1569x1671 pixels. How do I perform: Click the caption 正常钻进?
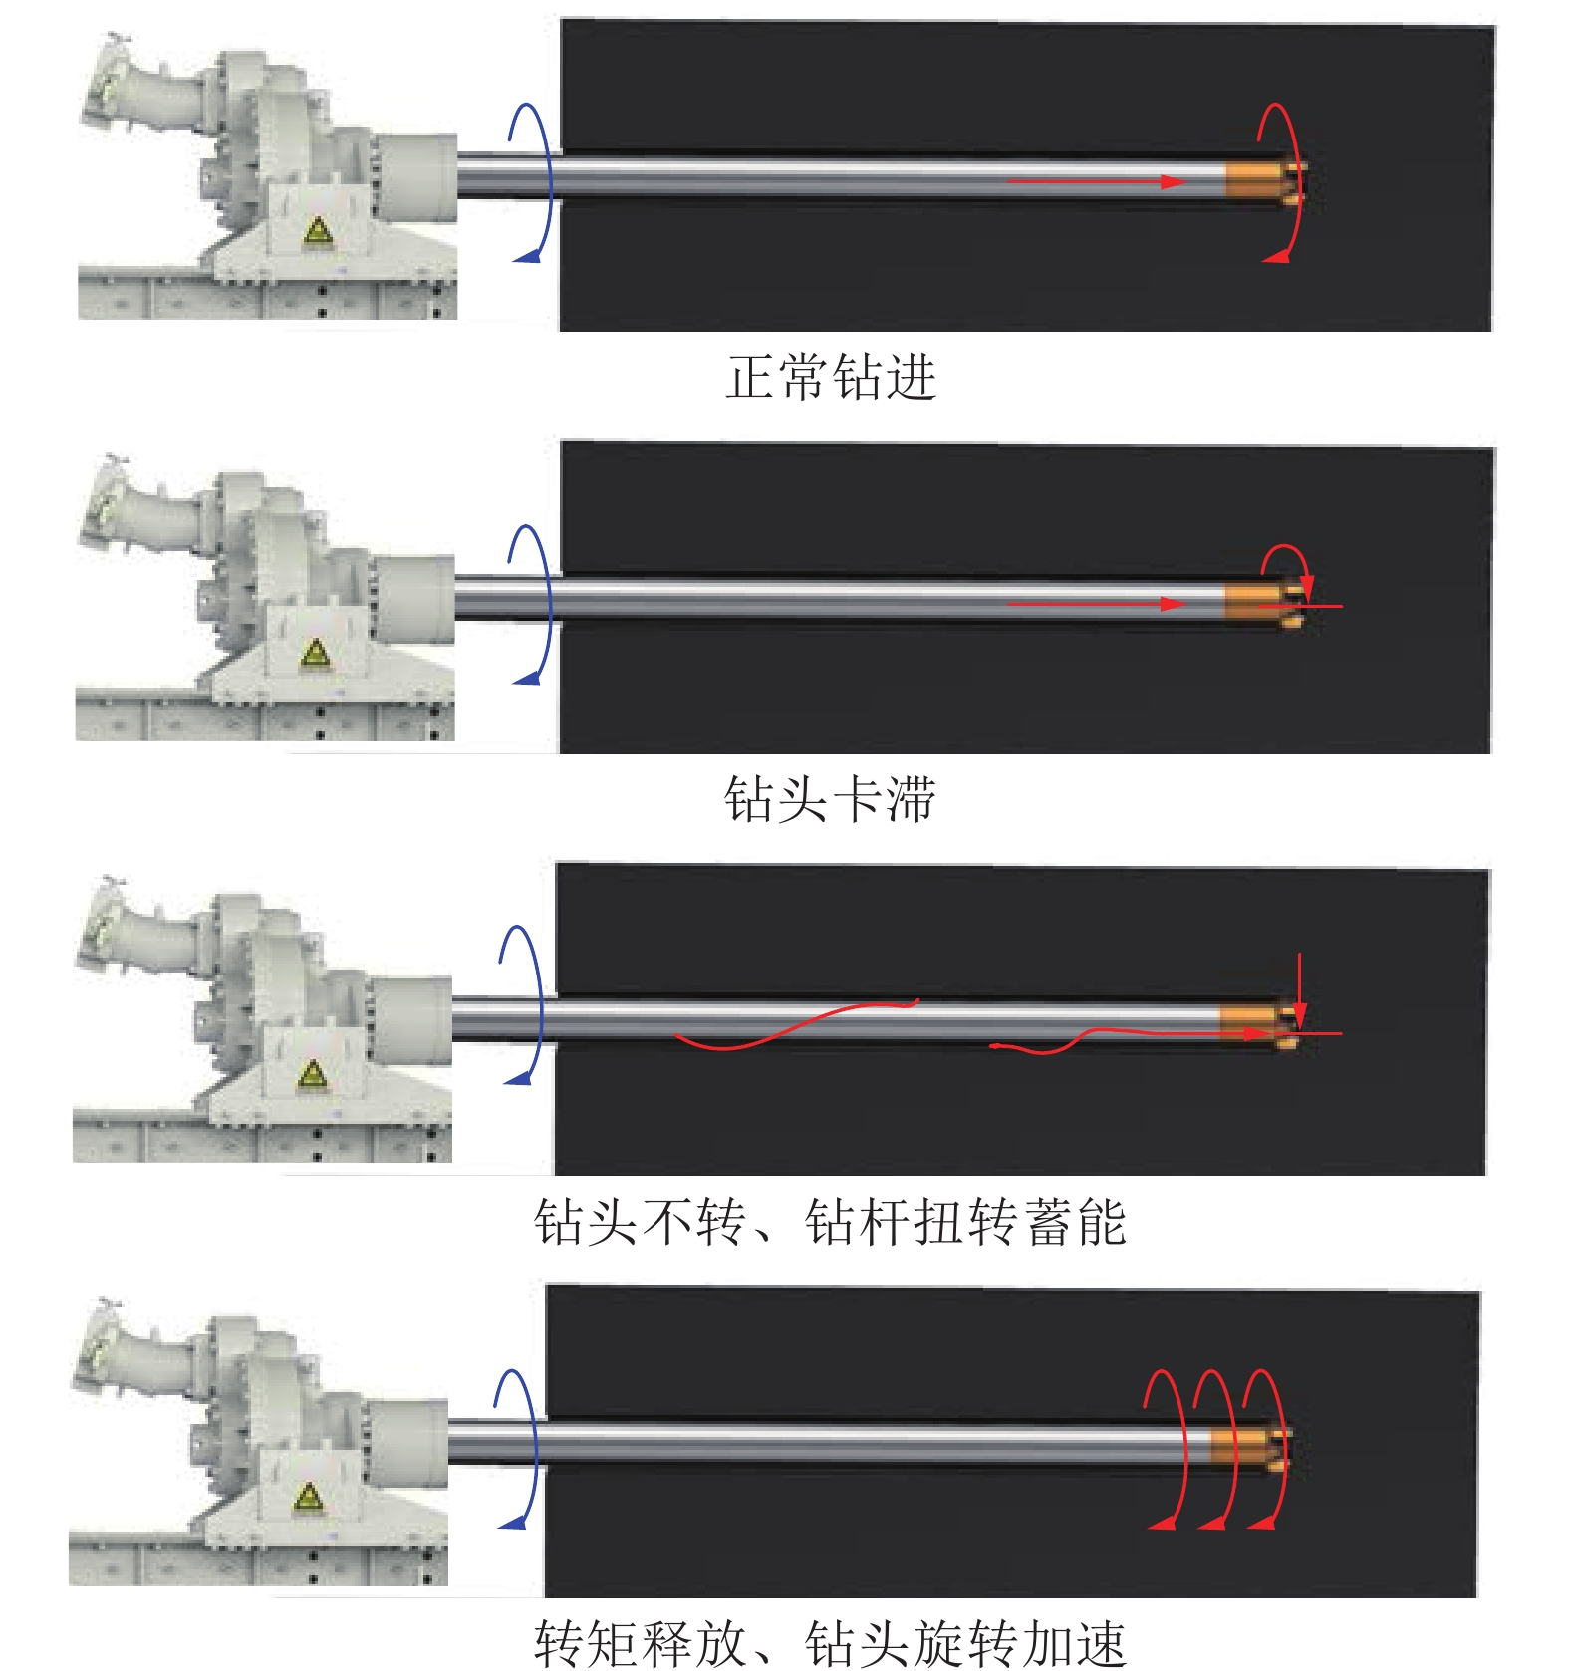(831, 378)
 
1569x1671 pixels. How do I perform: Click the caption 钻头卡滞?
(830, 799)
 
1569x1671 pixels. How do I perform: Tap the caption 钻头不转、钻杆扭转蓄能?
(830, 1222)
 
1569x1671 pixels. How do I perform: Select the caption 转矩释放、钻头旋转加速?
(830, 1642)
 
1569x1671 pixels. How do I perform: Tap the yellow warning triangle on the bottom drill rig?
(308, 1497)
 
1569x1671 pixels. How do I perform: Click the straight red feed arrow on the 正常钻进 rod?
(1096, 182)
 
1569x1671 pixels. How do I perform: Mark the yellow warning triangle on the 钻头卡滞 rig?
(315, 654)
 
